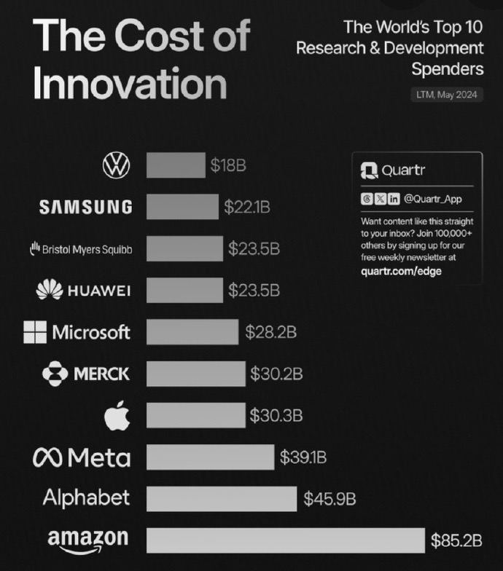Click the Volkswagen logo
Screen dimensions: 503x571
(117, 165)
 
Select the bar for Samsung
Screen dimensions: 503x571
(182, 207)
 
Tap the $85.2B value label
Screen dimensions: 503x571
(456, 540)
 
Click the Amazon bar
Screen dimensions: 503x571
(286, 540)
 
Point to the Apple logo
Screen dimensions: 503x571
(117, 415)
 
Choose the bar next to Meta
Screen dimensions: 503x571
(210, 457)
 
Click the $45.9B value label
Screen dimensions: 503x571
(330, 498)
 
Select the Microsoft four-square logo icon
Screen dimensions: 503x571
(35, 332)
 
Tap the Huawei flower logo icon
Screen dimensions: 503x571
(50, 290)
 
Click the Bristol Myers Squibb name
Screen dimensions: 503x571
(87, 249)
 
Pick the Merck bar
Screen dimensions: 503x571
(196, 374)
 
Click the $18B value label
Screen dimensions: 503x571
(228, 165)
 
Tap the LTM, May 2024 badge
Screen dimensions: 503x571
(447, 95)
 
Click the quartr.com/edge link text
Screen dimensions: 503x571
(401, 271)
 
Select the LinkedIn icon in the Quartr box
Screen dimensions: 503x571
(394, 199)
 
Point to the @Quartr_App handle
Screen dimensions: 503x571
(433, 199)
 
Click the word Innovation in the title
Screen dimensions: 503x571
(130, 83)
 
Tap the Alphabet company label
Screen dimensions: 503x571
(86, 498)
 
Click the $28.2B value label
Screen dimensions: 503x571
(271, 332)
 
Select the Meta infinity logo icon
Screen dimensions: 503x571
(47, 457)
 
